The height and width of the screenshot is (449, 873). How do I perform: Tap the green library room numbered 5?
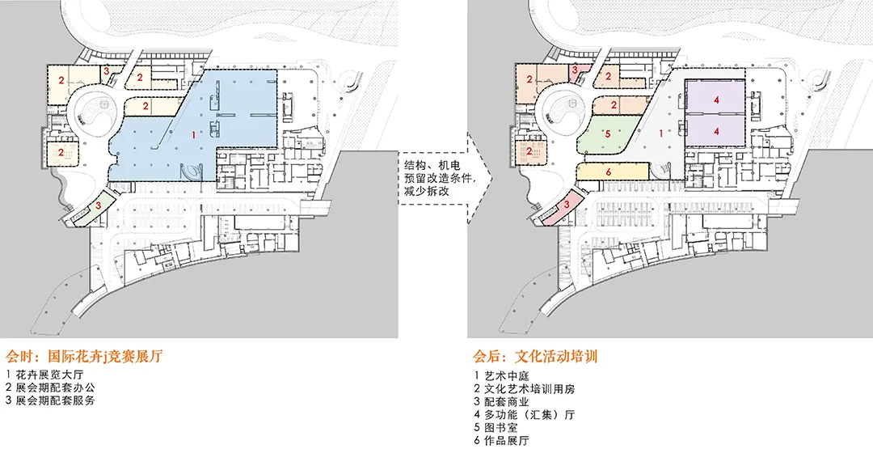[x=608, y=137]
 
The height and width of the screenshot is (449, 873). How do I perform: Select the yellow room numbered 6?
[x=608, y=171]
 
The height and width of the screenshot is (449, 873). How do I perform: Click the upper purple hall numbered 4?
[x=716, y=100]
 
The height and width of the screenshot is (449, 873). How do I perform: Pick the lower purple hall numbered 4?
[x=716, y=130]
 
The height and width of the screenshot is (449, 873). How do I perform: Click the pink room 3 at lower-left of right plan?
[x=568, y=205]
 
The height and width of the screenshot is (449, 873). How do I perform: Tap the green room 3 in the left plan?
[x=98, y=205]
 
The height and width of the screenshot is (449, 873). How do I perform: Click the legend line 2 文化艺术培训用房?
[x=524, y=388]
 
